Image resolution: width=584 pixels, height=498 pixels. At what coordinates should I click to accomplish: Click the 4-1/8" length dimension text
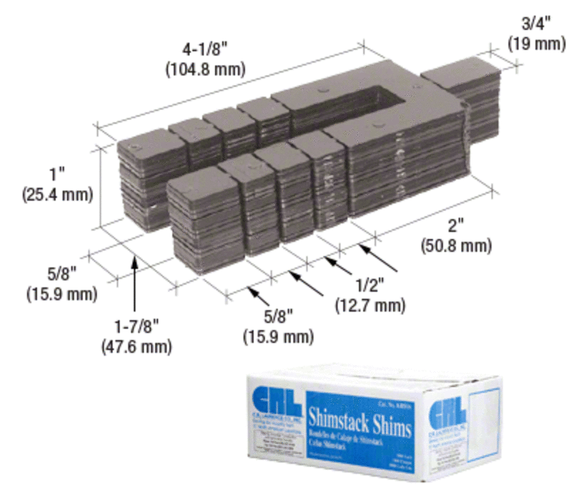click(205, 52)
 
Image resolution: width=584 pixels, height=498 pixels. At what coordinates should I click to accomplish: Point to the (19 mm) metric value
click(536, 43)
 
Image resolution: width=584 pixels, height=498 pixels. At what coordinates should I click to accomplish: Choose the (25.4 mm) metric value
click(57, 194)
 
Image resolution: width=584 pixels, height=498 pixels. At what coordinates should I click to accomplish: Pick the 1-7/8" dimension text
click(137, 328)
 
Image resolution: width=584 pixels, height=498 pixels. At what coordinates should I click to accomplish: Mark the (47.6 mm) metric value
click(138, 347)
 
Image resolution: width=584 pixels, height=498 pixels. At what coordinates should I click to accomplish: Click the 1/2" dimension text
click(369, 287)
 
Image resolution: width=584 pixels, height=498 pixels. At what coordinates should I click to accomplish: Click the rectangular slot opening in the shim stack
click(370, 100)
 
